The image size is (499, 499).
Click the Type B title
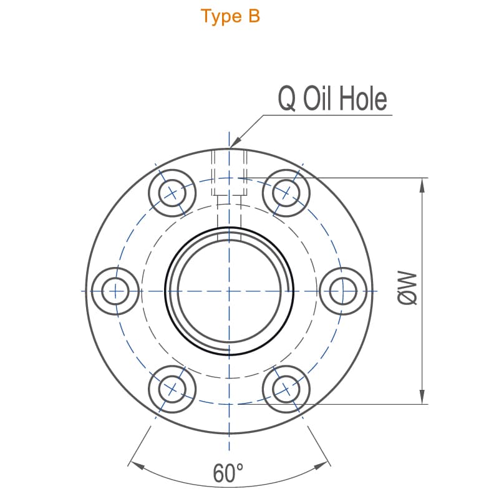230,16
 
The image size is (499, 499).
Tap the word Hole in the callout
363,99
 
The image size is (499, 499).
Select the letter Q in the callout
287,99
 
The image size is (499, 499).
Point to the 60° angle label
228,473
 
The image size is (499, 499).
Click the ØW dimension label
407,288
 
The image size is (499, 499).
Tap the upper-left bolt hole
172,193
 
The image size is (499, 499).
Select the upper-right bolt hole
286,193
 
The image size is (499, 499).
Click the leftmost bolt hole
115,291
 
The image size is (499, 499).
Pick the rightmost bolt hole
342,291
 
